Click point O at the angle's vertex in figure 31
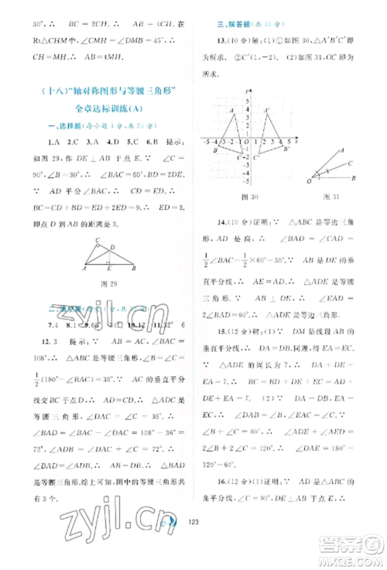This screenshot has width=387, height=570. (x=310, y=180)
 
